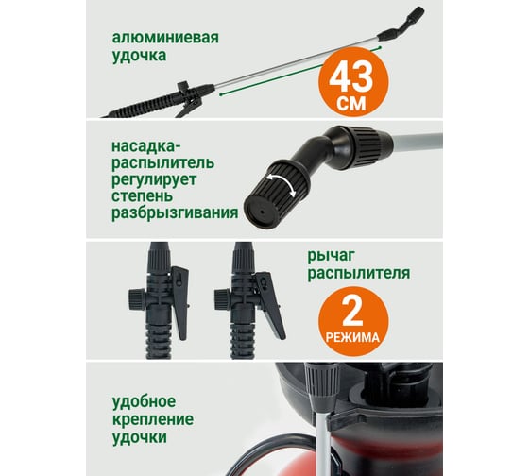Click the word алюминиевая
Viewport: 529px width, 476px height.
pyautogui.click(x=165, y=38)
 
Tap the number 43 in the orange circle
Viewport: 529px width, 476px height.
pyautogui.click(x=350, y=78)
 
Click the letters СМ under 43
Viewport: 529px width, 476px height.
pyautogui.click(x=350, y=104)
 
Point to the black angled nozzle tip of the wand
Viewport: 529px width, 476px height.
pyautogui.click(x=402, y=24)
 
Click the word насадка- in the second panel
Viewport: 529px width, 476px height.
pyautogui.click(x=146, y=146)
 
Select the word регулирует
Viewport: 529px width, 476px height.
pyautogui.click(x=154, y=179)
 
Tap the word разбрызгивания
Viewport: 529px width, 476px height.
pyautogui.click(x=175, y=212)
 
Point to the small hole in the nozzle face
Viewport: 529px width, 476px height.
pyautogui.click(x=262, y=212)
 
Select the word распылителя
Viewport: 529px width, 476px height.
pyautogui.click(x=359, y=273)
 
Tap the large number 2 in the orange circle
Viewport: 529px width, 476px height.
pyautogui.click(x=352, y=312)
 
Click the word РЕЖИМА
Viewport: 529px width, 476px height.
pyautogui.click(x=352, y=337)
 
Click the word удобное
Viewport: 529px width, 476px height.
pyautogui.click(x=144, y=401)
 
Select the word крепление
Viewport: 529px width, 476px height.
pyautogui.click(x=153, y=419)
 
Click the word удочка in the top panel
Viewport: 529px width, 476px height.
pyautogui.click(x=139, y=56)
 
